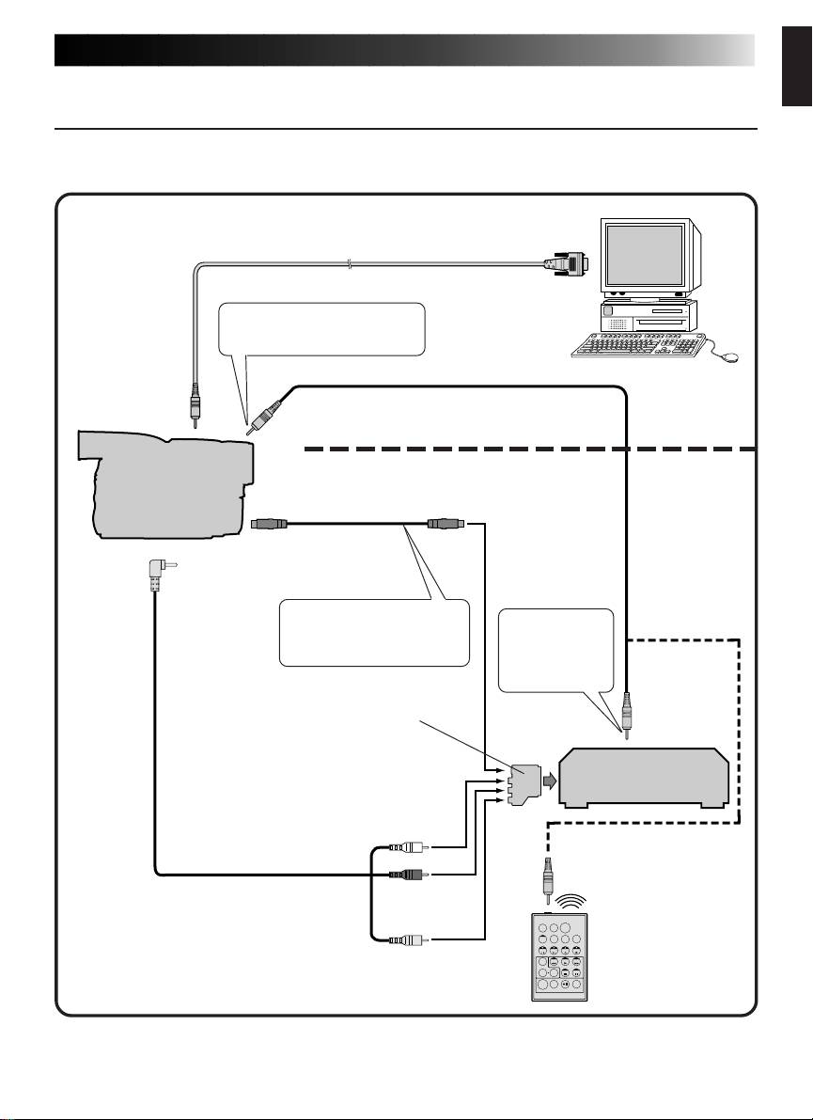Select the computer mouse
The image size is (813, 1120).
click(727, 357)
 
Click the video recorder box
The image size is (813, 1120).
click(643, 778)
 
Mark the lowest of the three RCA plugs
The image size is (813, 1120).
click(408, 939)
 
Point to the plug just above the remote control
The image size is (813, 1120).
click(545, 879)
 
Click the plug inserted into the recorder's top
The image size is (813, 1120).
click(627, 710)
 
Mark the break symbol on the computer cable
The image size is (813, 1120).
click(349, 267)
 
